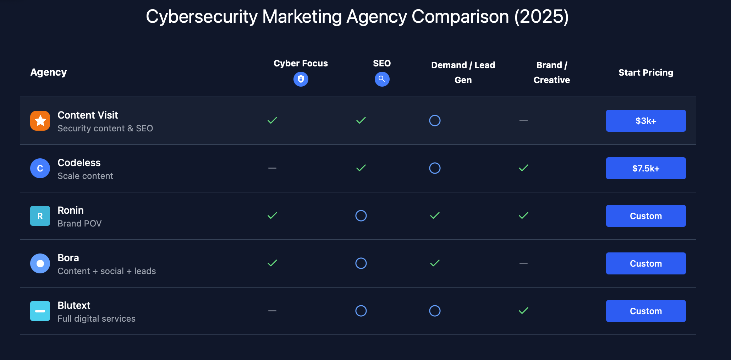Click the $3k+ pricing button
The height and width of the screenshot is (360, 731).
pos(645,121)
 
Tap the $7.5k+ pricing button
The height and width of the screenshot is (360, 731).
pos(645,168)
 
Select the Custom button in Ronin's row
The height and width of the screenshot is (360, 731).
pos(645,216)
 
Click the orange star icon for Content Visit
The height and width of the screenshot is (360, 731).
pos(40,121)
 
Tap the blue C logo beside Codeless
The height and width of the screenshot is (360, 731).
pos(40,168)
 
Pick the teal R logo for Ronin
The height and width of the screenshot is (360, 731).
pos(40,216)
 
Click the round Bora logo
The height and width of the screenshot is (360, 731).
pos(40,263)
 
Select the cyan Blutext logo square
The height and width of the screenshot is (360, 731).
pos(40,311)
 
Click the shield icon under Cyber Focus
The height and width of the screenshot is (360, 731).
pos(301,79)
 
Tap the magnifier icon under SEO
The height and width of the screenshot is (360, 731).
pos(382,79)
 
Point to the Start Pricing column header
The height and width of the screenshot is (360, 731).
pos(645,72)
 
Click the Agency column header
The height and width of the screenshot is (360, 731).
pos(49,72)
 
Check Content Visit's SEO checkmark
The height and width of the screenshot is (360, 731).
pos(361,121)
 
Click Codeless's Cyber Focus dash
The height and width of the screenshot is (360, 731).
pos(272,168)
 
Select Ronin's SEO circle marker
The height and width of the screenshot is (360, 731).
pos(361,216)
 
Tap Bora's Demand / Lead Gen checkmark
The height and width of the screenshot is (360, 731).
pos(435,263)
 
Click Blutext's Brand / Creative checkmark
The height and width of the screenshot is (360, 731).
pos(523,311)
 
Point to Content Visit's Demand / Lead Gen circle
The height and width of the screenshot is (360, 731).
pos(435,121)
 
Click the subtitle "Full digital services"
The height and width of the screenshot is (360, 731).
pos(97,319)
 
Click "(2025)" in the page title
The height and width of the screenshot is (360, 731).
pos(541,17)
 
